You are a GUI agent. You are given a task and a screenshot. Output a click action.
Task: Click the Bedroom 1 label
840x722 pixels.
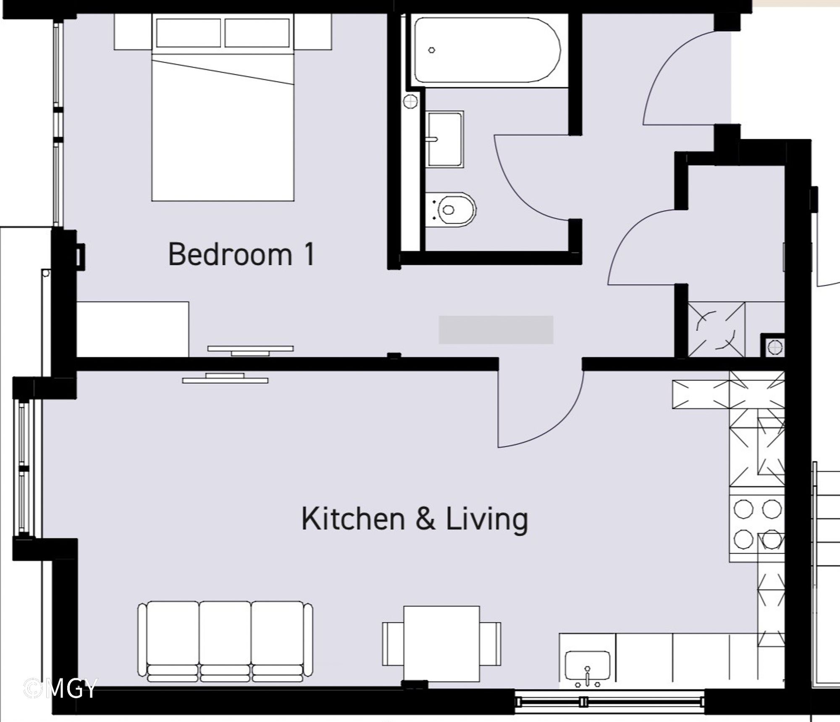(x=241, y=254)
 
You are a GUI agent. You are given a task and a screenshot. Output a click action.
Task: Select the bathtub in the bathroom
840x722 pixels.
(x=487, y=50)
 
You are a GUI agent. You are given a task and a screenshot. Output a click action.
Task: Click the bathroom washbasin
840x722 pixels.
(x=444, y=139)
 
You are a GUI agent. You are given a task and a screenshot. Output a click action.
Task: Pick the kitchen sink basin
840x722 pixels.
(x=588, y=665)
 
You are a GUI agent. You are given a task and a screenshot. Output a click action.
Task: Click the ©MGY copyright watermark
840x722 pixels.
(x=60, y=688)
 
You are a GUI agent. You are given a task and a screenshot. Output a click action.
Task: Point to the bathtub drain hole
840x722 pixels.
(x=431, y=50)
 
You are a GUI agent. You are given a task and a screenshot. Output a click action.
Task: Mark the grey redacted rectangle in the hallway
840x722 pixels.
(x=496, y=330)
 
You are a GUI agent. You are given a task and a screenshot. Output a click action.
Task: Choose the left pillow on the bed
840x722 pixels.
(x=188, y=33)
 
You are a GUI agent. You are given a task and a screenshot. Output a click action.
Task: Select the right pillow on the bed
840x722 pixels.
(x=257, y=33)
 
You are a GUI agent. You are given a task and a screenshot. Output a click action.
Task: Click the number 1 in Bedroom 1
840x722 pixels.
(x=310, y=254)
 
